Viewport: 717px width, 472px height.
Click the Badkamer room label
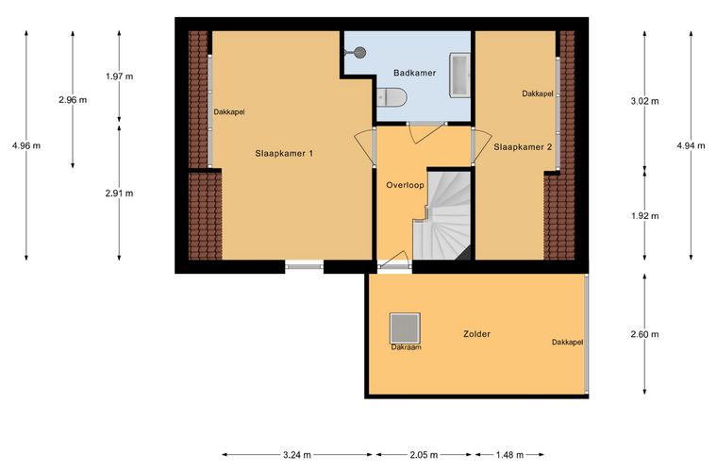[x=415, y=73]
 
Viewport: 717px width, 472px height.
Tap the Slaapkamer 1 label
[x=284, y=154]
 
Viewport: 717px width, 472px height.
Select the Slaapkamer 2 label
[x=523, y=147]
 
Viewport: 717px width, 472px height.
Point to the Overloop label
[x=405, y=185]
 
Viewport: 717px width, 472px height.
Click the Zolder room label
[x=476, y=334]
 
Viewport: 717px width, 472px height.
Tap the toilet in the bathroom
[x=392, y=97]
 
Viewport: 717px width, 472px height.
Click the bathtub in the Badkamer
[x=459, y=75]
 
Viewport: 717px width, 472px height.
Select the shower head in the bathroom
[x=359, y=53]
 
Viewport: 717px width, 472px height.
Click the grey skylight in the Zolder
[x=405, y=329]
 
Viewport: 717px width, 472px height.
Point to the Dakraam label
[x=406, y=347]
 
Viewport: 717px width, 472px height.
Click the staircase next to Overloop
[x=442, y=214]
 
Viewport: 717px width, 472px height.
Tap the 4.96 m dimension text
[x=26, y=146]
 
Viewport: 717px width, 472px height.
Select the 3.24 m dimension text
[x=297, y=455]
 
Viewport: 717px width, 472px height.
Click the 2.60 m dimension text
[x=644, y=334]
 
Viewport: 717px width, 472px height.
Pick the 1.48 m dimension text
[x=509, y=455]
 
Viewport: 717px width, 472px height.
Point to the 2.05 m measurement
[x=424, y=455]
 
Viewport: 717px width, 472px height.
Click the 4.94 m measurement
[x=691, y=146]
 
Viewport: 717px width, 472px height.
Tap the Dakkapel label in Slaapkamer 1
[x=229, y=112]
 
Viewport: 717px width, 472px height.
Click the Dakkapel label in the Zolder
[x=568, y=342]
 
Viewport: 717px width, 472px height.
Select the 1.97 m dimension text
[x=120, y=76]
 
